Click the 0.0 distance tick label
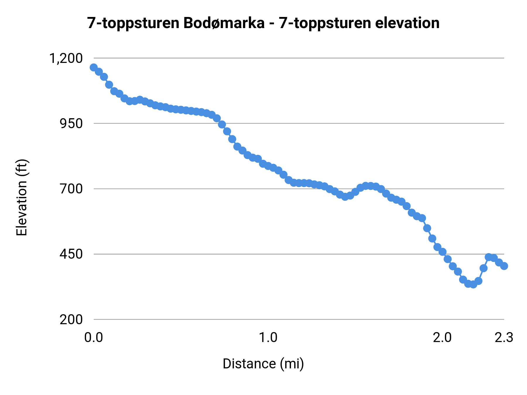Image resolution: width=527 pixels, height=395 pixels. (x=94, y=338)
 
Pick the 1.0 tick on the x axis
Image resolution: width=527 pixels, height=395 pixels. (x=268, y=338)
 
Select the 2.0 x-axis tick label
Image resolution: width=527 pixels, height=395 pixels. (x=442, y=338)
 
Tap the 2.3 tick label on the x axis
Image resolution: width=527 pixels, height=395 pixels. (x=504, y=338)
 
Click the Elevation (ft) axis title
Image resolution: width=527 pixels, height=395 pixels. (x=22, y=197)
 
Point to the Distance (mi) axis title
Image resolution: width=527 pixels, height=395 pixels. (x=263, y=364)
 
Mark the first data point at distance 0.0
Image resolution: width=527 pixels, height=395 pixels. (x=94, y=68)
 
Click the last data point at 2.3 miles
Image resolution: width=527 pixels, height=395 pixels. (x=504, y=266)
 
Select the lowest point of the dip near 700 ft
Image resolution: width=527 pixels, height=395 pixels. (x=345, y=197)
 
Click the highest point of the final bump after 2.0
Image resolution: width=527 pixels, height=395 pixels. (x=489, y=257)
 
